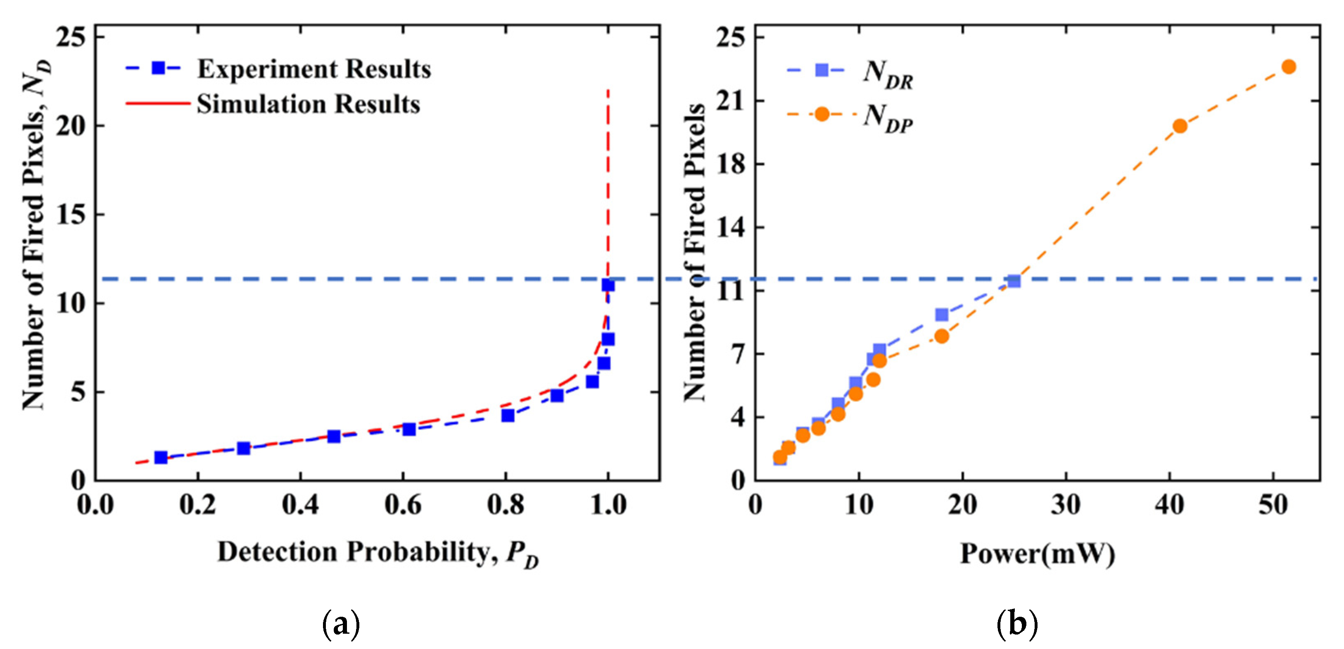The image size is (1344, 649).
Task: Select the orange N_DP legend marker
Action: tap(822, 114)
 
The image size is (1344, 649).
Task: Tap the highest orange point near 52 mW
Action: tap(1289, 67)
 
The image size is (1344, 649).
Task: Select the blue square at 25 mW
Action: tap(1014, 281)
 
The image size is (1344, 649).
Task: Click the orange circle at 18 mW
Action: tap(942, 336)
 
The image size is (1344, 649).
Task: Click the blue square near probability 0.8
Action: tap(508, 415)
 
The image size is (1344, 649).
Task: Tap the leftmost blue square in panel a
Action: tap(161, 457)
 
